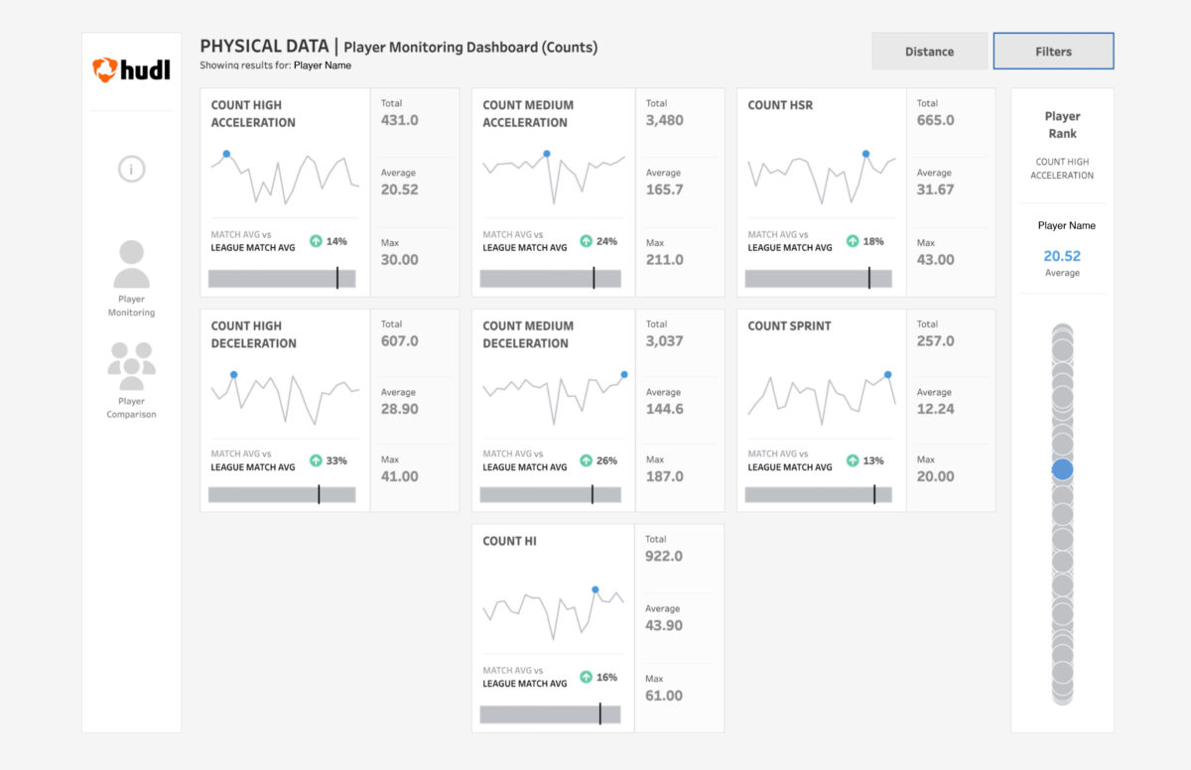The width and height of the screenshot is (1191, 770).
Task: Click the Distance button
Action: tap(929, 52)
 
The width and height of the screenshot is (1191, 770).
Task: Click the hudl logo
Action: tap(131, 69)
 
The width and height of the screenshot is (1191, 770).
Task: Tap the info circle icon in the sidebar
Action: tap(131, 169)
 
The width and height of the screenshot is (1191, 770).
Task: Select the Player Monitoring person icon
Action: tap(131, 265)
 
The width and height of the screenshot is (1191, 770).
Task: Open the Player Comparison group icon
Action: tap(131, 366)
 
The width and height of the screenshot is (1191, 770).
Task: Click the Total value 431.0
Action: tap(400, 120)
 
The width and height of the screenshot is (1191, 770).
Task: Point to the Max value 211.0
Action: tap(665, 260)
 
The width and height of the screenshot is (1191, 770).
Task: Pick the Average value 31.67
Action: tap(935, 190)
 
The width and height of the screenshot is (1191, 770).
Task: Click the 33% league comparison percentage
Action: tap(336, 460)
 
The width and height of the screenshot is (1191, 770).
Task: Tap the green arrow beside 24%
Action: tap(586, 241)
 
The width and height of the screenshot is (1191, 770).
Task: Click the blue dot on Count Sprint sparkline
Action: tap(887, 375)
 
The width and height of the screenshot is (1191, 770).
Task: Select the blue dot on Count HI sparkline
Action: tap(595, 589)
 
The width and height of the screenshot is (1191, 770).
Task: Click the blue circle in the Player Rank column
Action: tap(1062, 469)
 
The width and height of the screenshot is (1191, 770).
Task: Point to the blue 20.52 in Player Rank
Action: tap(1062, 256)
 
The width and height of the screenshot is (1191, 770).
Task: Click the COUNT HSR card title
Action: tap(781, 105)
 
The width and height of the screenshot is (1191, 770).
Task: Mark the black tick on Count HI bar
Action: tap(600, 714)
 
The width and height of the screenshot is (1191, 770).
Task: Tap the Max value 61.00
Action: tap(664, 696)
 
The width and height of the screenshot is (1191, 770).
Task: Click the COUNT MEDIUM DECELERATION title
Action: tap(526, 334)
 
